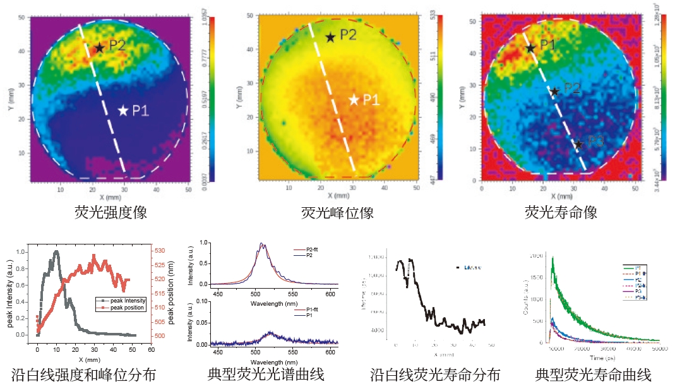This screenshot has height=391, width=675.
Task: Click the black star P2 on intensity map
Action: click(x=99, y=47)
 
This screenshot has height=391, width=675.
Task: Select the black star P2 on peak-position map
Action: click(x=330, y=37)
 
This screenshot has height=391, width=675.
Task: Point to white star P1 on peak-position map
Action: click(x=354, y=99)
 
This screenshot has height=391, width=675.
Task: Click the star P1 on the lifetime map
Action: click(x=530, y=47)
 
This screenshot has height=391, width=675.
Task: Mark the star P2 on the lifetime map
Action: click(x=554, y=91)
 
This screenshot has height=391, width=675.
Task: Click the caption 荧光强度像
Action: click(x=111, y=213)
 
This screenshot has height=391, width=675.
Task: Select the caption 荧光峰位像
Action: click(x=337, y=213)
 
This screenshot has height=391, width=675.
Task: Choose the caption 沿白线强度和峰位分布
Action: click(x=83, y=375)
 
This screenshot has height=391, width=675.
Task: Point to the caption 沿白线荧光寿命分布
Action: click(x=435, y=375)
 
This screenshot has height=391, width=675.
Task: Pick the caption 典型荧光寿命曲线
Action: click(x=593, y=375)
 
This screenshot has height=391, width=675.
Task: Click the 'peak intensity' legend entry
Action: click(x=124, y=300)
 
